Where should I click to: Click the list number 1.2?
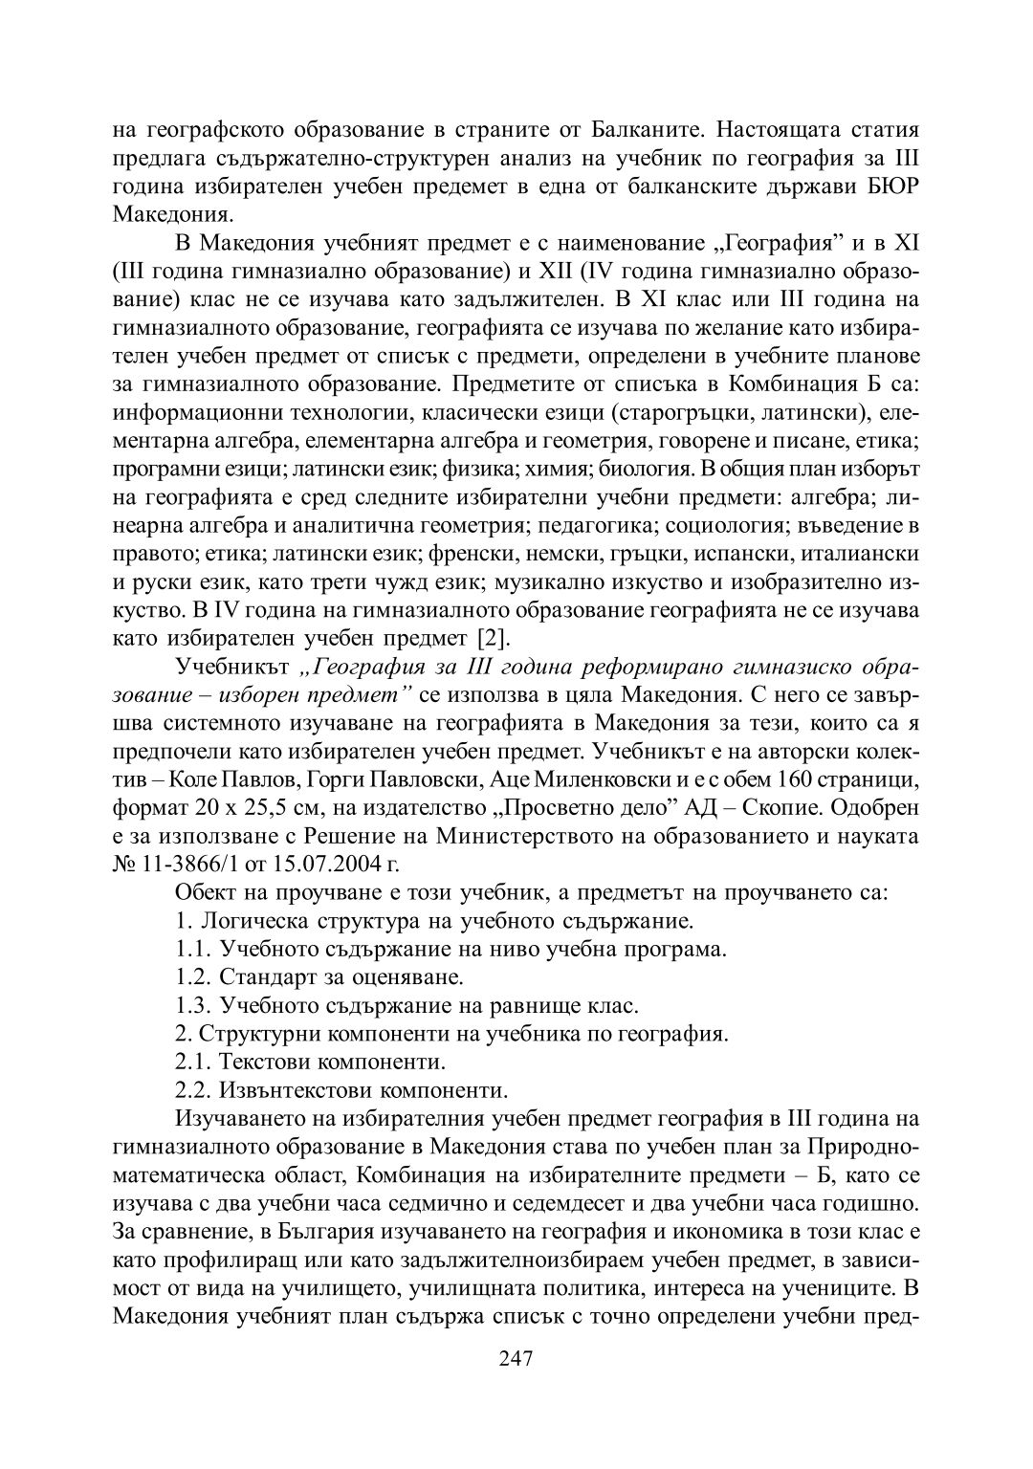click(x=193, y=977)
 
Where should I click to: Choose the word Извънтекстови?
click(x=293, y=1089)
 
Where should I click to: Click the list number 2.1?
click(x=193, y=1062)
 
